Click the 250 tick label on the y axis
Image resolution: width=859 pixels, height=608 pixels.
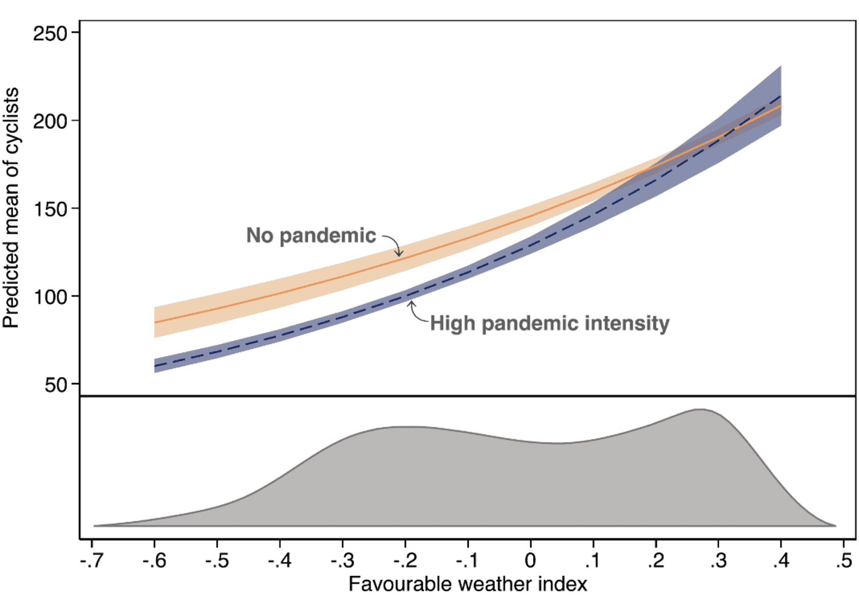(x=50, y=34)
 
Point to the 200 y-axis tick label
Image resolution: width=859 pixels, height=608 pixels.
(x=50, y=122)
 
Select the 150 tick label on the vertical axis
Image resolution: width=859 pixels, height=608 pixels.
(x=50, y=209)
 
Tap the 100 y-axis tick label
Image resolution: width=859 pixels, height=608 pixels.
(x=50, y=297)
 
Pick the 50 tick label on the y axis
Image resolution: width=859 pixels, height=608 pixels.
(x=56, y=384)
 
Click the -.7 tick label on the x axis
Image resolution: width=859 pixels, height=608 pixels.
(x=92, y=561)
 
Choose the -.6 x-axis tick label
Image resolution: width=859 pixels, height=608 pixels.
(x=154, y=561)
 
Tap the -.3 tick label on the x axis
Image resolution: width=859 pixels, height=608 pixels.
(x=342, y=561)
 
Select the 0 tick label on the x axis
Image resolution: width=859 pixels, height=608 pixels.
(x=530, y=561)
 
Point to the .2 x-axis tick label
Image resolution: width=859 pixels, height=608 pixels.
(x=656, y=561)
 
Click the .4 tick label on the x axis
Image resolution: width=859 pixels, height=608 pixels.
(x=781, y=561)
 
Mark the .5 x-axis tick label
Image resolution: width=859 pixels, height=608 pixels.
(x=844, y=561)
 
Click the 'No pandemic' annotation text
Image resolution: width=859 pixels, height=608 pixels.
(x=311, y=235)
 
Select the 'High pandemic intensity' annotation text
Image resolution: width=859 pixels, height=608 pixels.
(x=550, y=323)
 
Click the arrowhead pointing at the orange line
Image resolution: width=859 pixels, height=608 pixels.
(x=399, y=254)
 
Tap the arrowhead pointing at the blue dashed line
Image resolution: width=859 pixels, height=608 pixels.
(x=411, y=304)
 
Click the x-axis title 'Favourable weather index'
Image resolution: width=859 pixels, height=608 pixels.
(x=468, y=585)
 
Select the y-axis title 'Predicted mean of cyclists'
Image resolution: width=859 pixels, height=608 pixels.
(x=11, y=207)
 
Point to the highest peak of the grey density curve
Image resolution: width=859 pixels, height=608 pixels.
(x=700, y=409)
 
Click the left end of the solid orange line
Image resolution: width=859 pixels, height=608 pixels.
(x=154, y=322)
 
